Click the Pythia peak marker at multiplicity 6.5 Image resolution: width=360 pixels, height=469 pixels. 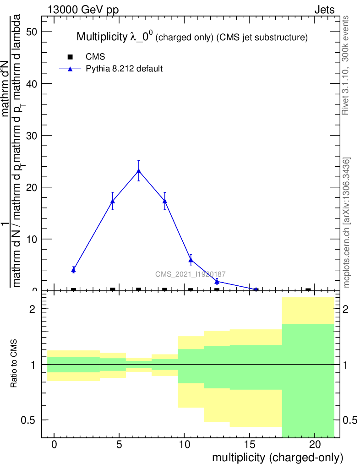[x=138, y=171]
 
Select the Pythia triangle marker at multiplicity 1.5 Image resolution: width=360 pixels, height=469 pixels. [x=73, y=270]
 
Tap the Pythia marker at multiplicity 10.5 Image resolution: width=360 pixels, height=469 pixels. [x=191, y=260]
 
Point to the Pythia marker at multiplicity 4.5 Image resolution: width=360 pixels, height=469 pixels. [x=112, y=201]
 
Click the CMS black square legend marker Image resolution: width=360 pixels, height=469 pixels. [x=70, y=57]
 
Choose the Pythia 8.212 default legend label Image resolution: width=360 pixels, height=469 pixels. [x=124, y=69]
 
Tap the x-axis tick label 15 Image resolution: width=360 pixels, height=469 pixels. [x=249, y=445]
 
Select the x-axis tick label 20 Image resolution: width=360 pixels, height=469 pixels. [x=315, y=445]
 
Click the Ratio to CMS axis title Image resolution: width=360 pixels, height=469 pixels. [x=14, y=364]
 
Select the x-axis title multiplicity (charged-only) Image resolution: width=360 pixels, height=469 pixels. [x=278, y=457]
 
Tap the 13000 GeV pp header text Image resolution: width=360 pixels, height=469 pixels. [x=83, y=10]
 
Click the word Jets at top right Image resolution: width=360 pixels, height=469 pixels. [x=324, y=10]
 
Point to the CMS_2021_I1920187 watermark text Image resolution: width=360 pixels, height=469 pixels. [x=190, y=274]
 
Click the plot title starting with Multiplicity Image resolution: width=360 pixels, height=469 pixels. [x=191, y=37]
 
